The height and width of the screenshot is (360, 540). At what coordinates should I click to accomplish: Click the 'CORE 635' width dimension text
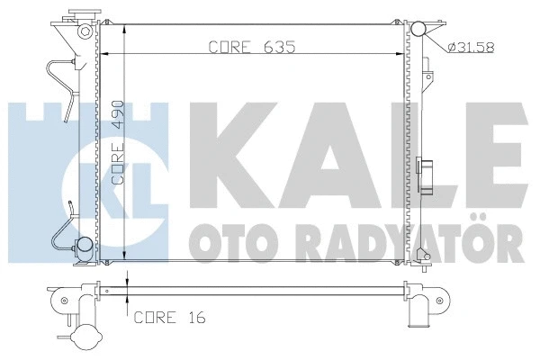(x=252, y=45)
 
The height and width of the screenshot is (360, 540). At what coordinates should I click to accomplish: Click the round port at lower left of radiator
(x=84, y=243)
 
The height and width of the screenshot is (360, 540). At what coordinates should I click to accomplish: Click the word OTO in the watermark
(x=221, y=241)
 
